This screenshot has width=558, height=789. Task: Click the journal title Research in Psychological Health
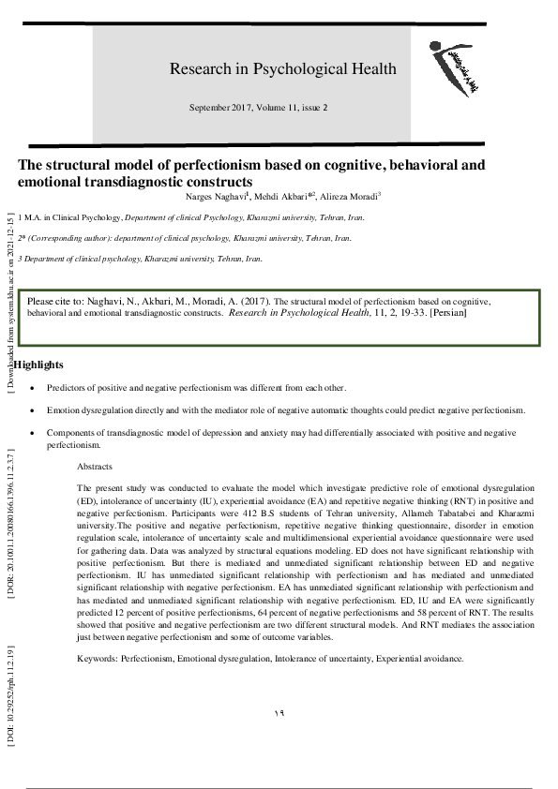click(282, 68)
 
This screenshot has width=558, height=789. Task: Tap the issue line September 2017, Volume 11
click(258, 108)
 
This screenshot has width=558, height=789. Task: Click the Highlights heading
click(38, 364)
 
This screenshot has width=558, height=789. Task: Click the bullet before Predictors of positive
click(34, 386)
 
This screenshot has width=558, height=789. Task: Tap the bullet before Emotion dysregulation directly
click(34, 410)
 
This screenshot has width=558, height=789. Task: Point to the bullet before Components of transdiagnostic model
click(34, 434)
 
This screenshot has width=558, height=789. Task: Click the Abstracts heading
click(95, 466)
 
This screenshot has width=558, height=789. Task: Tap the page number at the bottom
click(279, 714)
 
